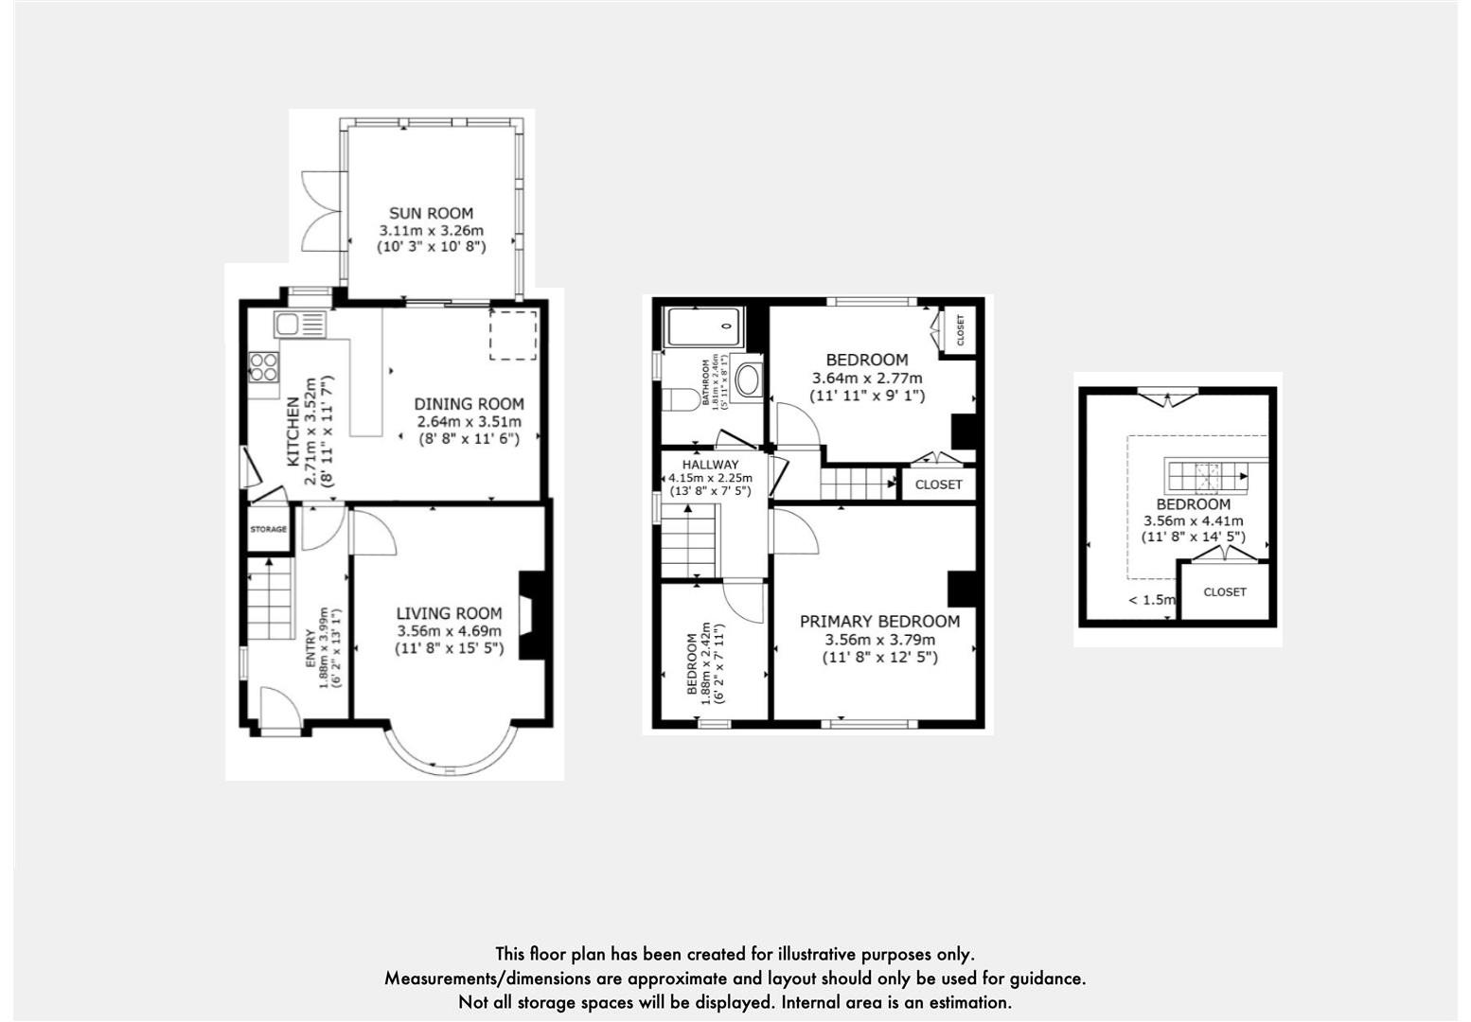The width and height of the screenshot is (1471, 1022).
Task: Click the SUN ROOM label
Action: pyautogui.click(x=431, y=214)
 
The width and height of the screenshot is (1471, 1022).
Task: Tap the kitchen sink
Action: pyautogui.click(x=299, y=325)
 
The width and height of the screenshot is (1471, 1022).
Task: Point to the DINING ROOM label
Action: pyautogui.click(x=469, y=404)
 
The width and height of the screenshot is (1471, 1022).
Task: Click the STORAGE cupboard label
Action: pyautogui.click(x=269, y=530)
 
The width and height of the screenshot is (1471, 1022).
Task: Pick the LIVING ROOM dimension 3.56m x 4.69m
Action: pyautogui.click(x=449, y=631)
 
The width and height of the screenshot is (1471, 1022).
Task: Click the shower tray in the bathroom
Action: pyautogui.click(x=705, y=326)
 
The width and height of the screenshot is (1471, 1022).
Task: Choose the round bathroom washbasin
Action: pyautogui.click(x=749, y=381)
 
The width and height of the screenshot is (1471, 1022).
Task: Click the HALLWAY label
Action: pyautogui.click(x=710, y=465)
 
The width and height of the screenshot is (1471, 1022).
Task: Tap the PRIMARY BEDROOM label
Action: pyautogui.click(x=879, y=622)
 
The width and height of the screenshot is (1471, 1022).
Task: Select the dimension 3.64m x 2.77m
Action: pyautogui.click(x=866, y=379)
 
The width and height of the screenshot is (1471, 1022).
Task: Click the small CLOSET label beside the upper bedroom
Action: pyautogui.click(x=960, y=331)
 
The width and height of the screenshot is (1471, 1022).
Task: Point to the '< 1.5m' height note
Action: pyautogui.click(x=1151, y=600)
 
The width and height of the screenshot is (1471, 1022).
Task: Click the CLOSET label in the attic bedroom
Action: pyautogui.click(x=1225, y=592)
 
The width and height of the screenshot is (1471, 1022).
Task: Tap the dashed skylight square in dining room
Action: pyautogui.click(x=513, y=334)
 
